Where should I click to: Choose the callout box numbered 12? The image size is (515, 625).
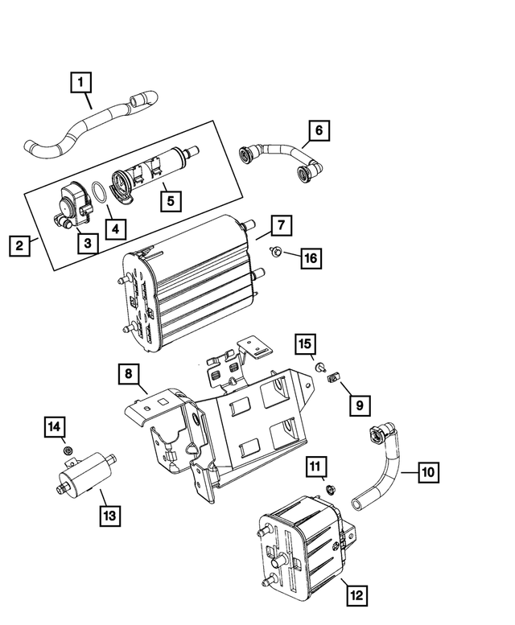click(356, 595)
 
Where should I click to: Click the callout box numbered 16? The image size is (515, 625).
click(310, 257)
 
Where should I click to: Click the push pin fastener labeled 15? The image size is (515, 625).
click(319, 368)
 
